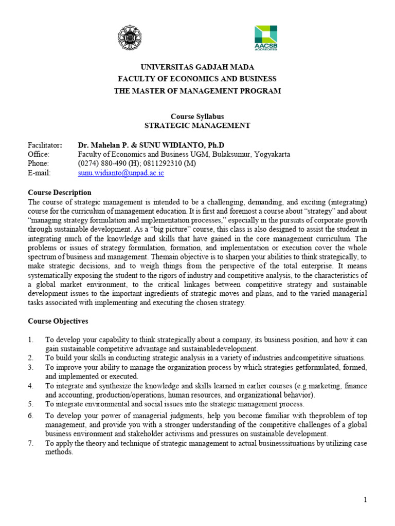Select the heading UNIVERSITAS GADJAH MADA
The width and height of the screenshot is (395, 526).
(x=197, y=67)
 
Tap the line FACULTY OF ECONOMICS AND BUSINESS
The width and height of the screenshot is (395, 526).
(x=197, y=79)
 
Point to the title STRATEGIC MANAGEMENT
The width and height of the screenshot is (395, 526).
(x=197, y=125)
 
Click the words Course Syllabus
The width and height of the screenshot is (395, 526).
(x=197, y=116)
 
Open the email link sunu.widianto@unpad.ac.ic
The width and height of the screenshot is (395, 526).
(x=121, y=173)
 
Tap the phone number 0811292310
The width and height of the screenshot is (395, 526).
(x=154, y=163)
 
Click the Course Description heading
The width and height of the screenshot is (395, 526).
(x=59, y=193)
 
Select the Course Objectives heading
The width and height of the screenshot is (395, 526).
(x=58, y=322)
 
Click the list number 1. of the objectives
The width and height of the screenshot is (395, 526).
(x=30, y=340)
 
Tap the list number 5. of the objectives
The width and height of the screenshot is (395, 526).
(x=30, y=404)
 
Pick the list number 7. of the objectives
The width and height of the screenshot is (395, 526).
(x=30, y=443)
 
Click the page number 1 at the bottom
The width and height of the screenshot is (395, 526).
(x=366, y=500)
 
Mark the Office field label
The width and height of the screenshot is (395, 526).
(x=39, y=154)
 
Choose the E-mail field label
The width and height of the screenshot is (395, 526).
(x=39, y=173)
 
